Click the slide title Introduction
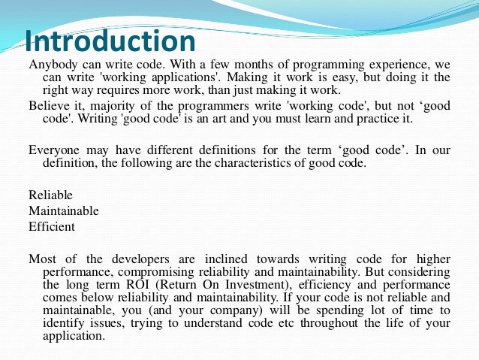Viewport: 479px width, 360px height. coord(110,40)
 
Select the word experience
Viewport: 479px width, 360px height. coord(399,65)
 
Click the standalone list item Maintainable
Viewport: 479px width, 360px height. coord(64,210)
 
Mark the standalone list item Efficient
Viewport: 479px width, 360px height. coord(52,225)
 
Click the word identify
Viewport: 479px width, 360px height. coord(52,323)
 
